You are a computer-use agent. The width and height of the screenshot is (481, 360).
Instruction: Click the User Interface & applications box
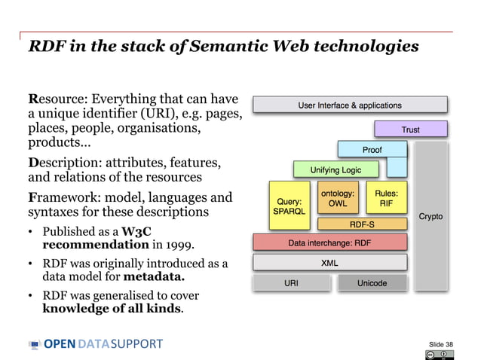(x=350, y=105)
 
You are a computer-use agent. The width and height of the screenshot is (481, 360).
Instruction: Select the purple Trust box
(x=410, y=130)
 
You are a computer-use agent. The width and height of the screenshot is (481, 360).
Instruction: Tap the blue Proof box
(x=372, y=150)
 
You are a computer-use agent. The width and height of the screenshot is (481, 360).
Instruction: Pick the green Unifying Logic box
(x=335, y=170)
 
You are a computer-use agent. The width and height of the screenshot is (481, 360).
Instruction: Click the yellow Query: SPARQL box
(x=289, y=206)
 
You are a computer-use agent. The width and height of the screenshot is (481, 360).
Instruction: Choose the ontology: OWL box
(x=338, y=199)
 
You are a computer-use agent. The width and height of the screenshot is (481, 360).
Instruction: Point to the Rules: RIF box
(x=386, y=199)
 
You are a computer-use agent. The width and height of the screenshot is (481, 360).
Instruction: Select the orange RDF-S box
(x=363, y=224)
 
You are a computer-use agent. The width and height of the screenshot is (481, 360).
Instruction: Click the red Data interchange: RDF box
(x=329, y=243)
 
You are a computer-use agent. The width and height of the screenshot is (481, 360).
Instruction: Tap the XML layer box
(x=329, y=263)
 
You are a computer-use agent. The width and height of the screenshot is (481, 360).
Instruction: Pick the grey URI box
(x=291, y=283)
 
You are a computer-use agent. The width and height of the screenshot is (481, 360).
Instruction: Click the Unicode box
(x=372, y=283)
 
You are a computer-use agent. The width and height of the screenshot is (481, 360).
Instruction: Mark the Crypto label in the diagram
(x=430, y=217)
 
